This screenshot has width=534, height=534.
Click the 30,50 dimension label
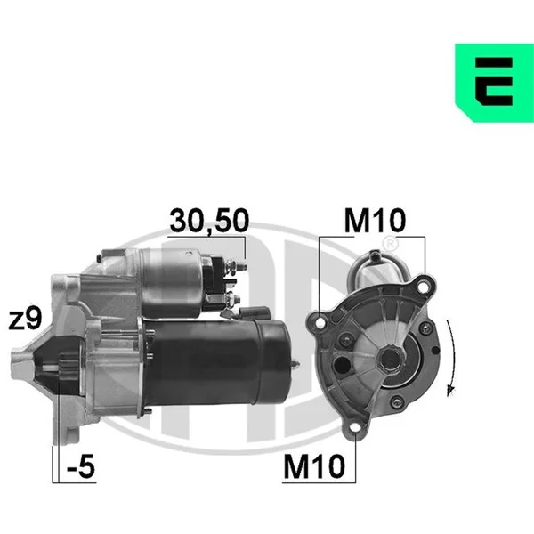click(x=209, y=221)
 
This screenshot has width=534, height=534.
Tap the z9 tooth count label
click(x=25, y=319)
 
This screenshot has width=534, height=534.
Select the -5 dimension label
click(x=81, y=466)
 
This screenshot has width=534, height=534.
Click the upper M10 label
click(x=375, y=220)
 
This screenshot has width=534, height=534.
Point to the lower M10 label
click(x=314, y=466)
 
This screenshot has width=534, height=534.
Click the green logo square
click(x=495, y=83)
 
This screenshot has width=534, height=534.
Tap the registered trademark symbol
click(x=391, y=243)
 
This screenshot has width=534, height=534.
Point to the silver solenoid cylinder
click(x=171, y=282)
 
